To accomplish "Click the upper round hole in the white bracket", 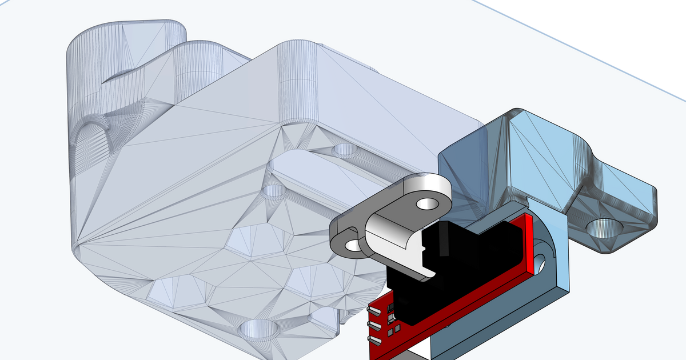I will pyautogui.click(x=425, y=203).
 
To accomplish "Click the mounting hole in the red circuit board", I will pyautogui.click(x=539, y=262).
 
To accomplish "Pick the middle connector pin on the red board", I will pyautogui.click(x=374, y=325).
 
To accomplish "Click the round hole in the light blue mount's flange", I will pyautogui.click(x=604, y=229).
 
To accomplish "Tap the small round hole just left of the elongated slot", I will pyautogui.click(x=275, y=190).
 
